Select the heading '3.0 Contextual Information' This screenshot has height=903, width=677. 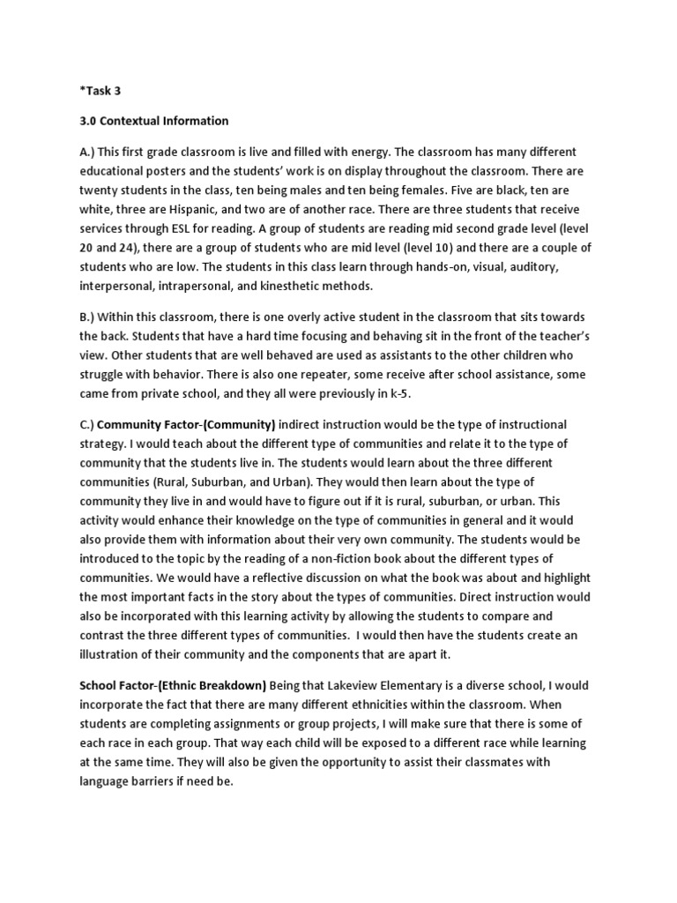(153, 121)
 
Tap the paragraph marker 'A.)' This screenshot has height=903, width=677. (88, 152)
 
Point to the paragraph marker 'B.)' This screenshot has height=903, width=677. (87, 317)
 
